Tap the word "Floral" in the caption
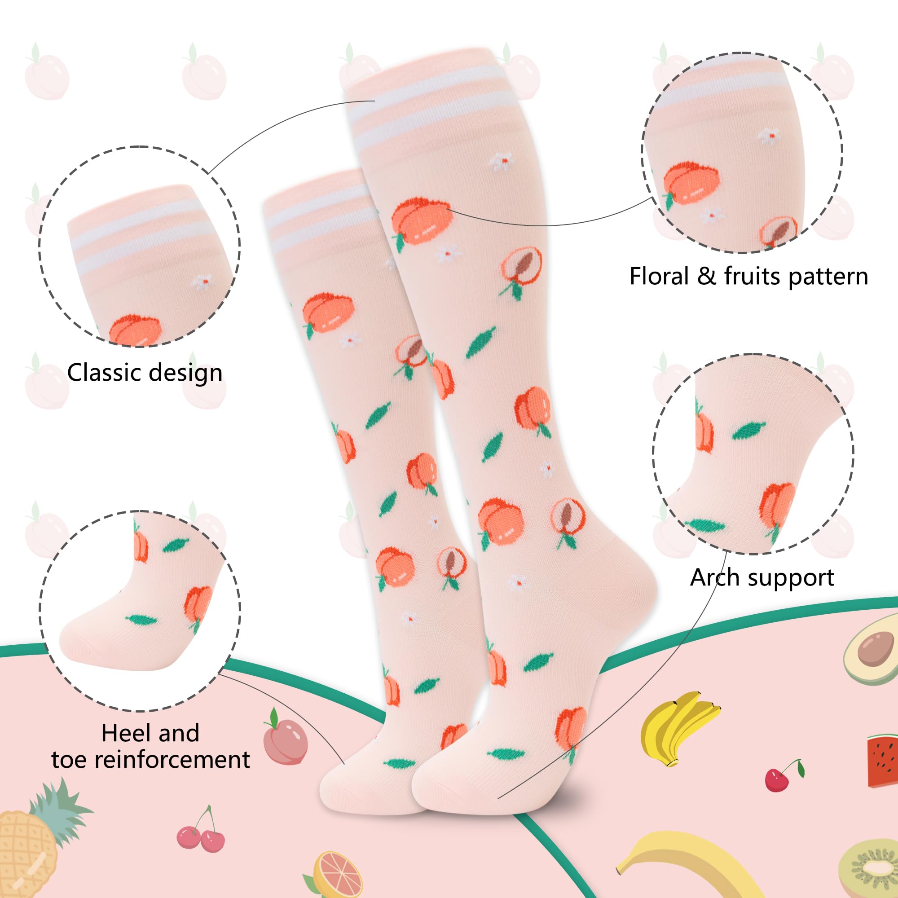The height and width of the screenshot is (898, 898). pyautogui.click(x=659, y=276)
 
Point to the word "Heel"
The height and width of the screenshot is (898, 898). pyautogui.click(x=123, y=733)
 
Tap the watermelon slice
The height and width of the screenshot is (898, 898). pyautogui.click(x=882, y=762)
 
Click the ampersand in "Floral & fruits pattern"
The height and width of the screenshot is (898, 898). pyautogui.click(x=706, y=276)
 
